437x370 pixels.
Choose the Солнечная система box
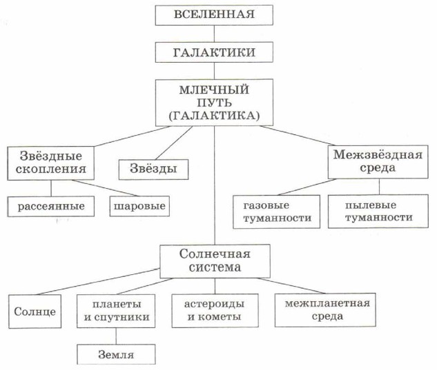(215, 260)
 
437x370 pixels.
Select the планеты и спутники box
(115, 311)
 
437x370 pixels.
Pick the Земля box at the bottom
(115, 354)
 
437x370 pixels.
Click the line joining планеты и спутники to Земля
(115, 337)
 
